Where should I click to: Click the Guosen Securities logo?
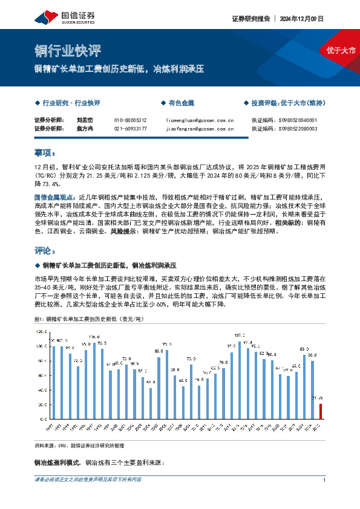[70, 16]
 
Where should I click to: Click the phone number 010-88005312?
[130, 120]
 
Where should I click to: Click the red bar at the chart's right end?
[321, 411]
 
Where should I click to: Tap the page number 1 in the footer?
[325, 480]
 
